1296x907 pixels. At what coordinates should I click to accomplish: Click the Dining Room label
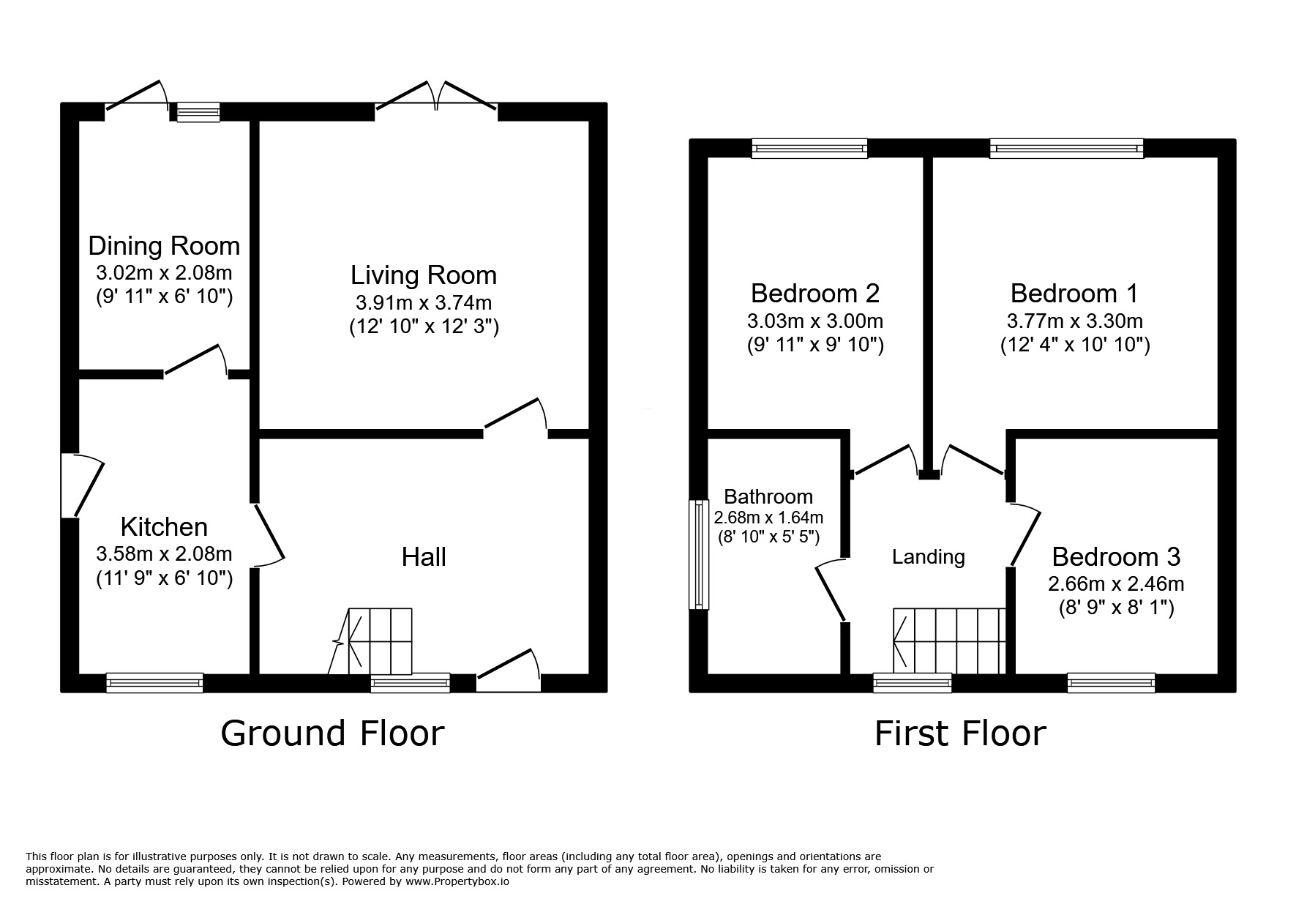[x=164, y=245]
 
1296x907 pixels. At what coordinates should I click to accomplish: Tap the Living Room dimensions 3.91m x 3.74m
[x=424, y=302]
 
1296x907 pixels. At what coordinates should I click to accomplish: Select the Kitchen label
[x=164, y=526]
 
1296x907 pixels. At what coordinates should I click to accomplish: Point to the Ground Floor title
[x=332, y=733]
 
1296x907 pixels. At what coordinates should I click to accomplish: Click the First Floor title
[x=960, y=733]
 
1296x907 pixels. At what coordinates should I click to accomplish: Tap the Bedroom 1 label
[x=1074, y=293]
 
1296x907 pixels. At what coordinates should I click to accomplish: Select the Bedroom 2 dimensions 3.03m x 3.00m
[x=815, y=321]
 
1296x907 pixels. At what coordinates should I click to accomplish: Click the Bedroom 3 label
[x=1116, y=556]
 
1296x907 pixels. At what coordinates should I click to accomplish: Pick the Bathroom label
[x=768, y=497]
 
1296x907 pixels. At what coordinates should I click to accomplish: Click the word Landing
[x=929, y=557]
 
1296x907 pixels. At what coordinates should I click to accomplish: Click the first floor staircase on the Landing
[x=948, y=641]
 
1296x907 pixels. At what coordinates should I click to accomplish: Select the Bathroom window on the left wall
[x=699, y=554]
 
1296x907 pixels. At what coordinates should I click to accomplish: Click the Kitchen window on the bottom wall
[x=154, y=683]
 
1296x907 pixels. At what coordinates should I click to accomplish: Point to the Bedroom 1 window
[x=1066, y=149]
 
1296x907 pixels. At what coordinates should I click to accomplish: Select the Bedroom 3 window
[x=1111, y=683]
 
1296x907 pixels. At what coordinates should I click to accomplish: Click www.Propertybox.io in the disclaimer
[x=456, y=881]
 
